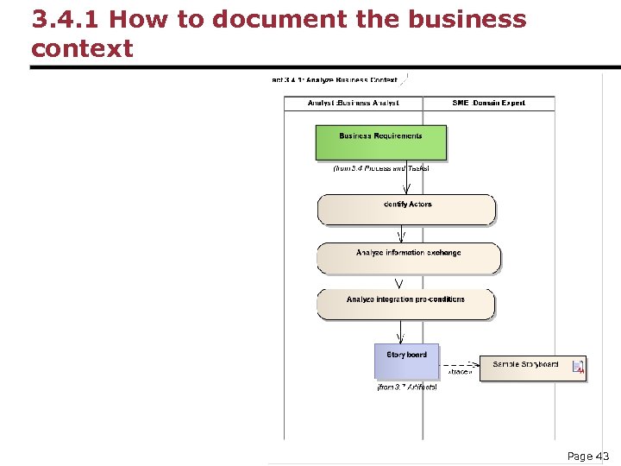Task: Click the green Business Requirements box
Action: [x=381, y=142]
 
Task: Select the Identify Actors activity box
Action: [x=407, y=210]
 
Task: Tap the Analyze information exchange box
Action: [x=408, y=258]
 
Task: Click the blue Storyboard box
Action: [x=406, y=362]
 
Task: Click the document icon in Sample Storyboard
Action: [x=579, y=368]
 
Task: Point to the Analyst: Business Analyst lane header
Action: [x=354, y=103]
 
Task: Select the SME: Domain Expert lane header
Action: [x=489, y=103]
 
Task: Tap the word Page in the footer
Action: [x=580, y=456]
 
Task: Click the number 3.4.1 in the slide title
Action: [x=65, y=19]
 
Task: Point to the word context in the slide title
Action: [x=82, y=48]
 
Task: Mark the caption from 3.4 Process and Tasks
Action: [x=381, y=168]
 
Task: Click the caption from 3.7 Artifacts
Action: [x=407, y=387]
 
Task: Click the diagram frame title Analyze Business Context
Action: [x=336, y=80]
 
